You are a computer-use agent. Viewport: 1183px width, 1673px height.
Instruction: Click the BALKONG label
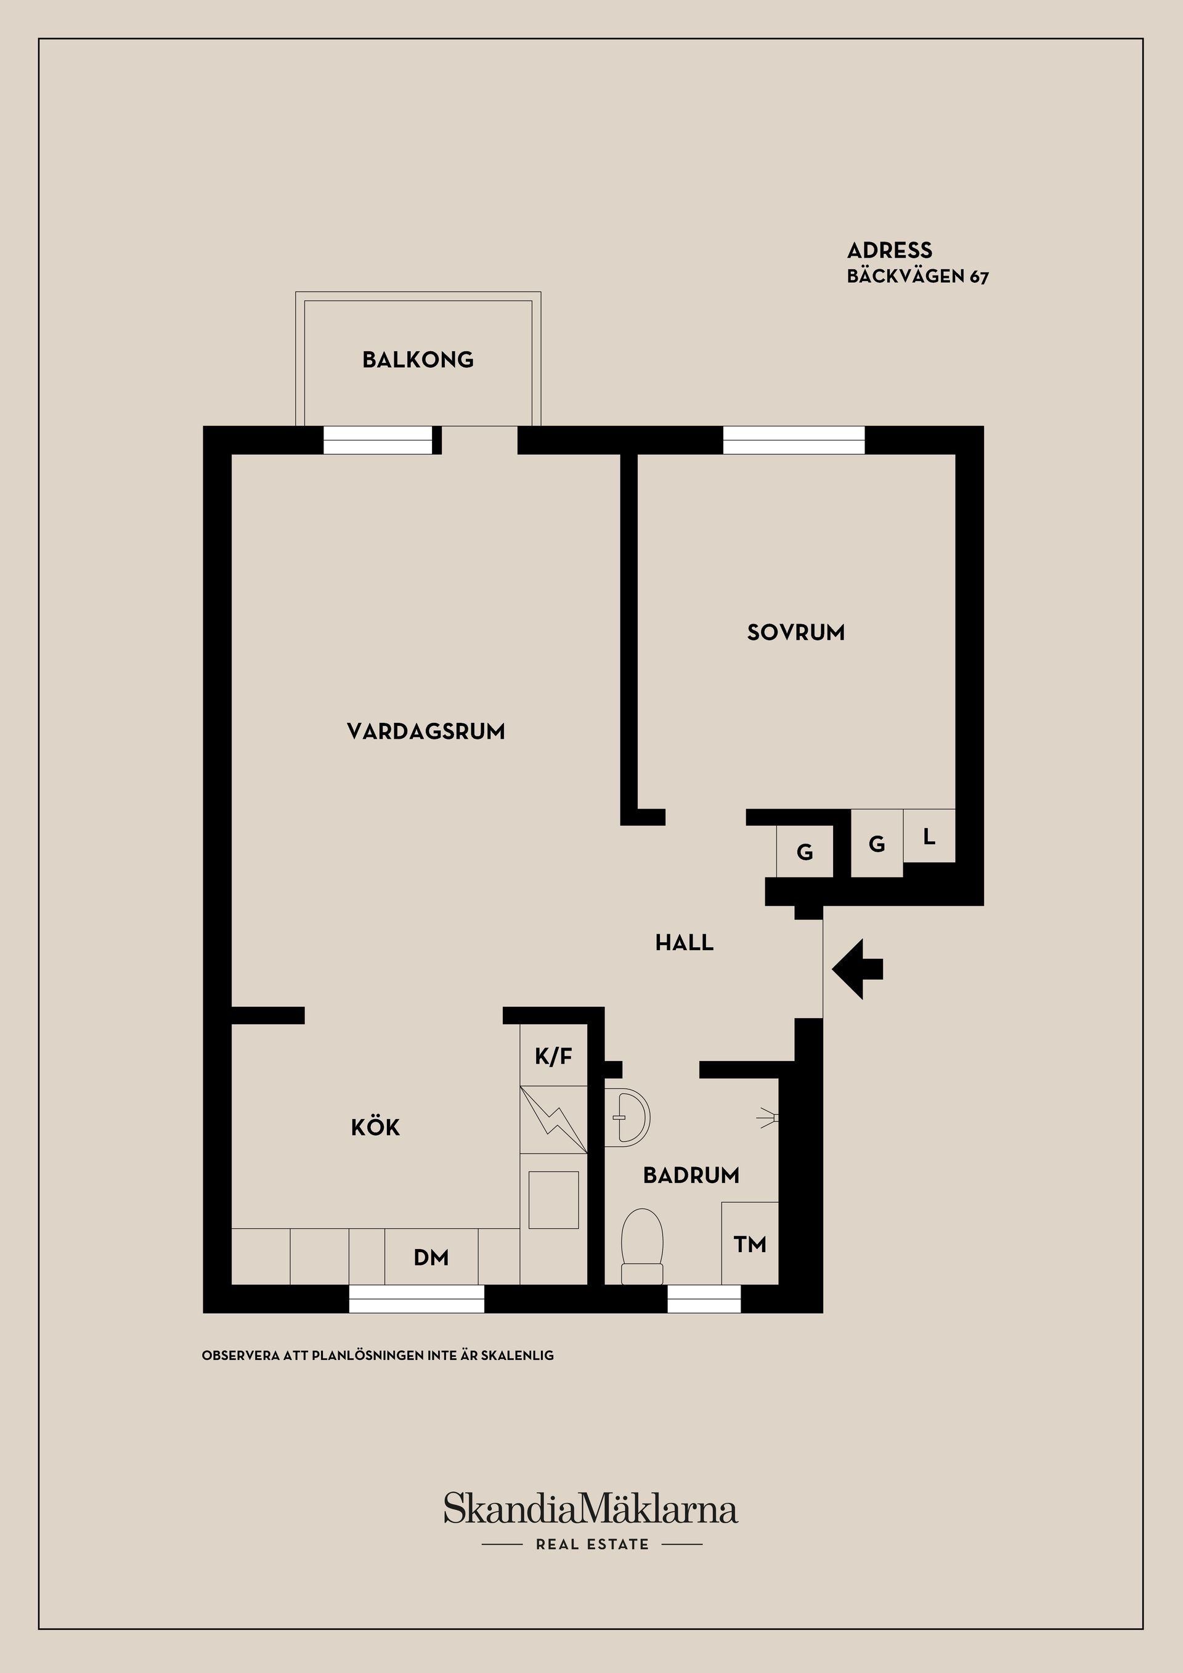coord(418,359)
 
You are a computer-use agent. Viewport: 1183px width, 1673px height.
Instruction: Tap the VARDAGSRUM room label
coord(426,731)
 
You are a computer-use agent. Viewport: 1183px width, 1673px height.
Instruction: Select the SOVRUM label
coord(796,632)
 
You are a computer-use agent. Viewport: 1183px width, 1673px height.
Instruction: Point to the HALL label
coord(684,942)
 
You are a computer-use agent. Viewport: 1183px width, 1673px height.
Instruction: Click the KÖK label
coord(376,1126)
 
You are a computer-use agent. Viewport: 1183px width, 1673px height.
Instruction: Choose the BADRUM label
coord(691,1174)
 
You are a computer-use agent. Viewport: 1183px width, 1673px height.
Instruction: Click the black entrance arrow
coord(858,969)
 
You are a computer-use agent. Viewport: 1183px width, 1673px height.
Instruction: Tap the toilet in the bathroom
coord(642,1247)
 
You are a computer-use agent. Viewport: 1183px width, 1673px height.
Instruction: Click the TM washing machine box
coord(750,1244)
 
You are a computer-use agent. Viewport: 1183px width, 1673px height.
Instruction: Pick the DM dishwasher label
coord(431,1257)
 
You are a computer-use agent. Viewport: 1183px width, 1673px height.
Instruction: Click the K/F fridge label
coord(554,1056)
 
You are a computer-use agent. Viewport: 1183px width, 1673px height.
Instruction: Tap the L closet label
coord(930,837)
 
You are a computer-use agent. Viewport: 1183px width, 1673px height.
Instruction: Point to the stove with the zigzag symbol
coord(554,1120)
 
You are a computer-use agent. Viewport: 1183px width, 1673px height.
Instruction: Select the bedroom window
coord(794,440)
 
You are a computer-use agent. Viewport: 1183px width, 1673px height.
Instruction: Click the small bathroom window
coord(704,1298)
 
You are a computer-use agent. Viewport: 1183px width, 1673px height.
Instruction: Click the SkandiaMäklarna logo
coord(591,1508)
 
